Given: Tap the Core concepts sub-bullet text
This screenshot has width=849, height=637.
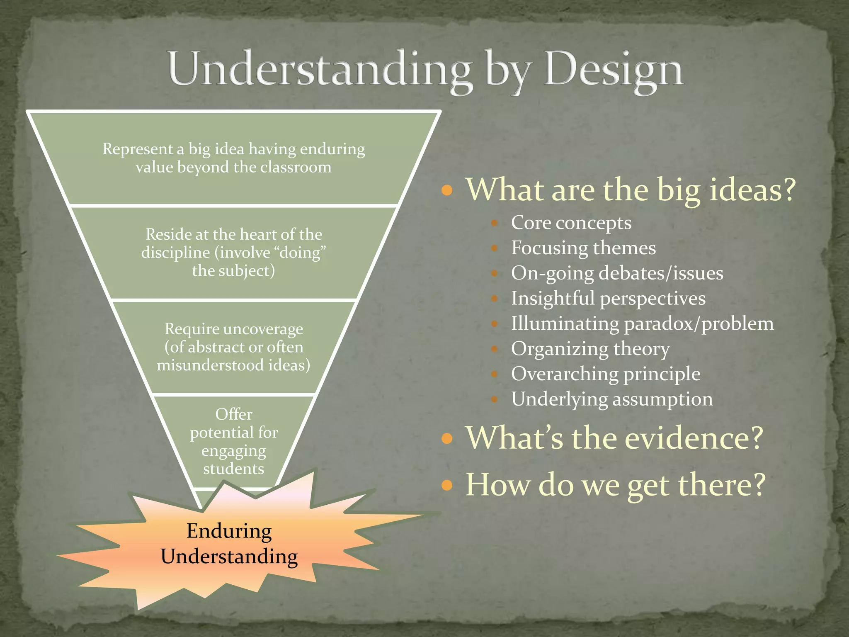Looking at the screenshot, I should (x=571, y=223).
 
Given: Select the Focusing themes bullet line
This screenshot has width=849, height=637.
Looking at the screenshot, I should (x=583, y=248).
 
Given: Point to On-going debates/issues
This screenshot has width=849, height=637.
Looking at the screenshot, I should (x=617, y=274).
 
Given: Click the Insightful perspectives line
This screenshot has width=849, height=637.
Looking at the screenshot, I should (x=608, y=299).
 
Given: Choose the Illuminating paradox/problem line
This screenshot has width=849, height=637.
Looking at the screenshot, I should (x=642, y=324).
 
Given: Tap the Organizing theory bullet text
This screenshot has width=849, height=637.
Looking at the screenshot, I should (x=590, y=349).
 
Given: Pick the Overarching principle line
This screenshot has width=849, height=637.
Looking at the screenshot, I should (x=606, y=374).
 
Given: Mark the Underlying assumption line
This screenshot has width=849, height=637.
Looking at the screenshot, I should (x=612, y=399).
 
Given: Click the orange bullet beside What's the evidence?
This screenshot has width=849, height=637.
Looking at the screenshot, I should (x=447, y=438).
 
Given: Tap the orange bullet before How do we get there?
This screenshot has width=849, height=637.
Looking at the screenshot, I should (x=447, y=485).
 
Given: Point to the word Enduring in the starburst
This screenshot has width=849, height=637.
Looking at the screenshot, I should (x=229, y=531).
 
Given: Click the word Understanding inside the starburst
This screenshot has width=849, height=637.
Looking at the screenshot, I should (x=229, y=557).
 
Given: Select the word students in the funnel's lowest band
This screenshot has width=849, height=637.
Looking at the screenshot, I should (x=234, y=469).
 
